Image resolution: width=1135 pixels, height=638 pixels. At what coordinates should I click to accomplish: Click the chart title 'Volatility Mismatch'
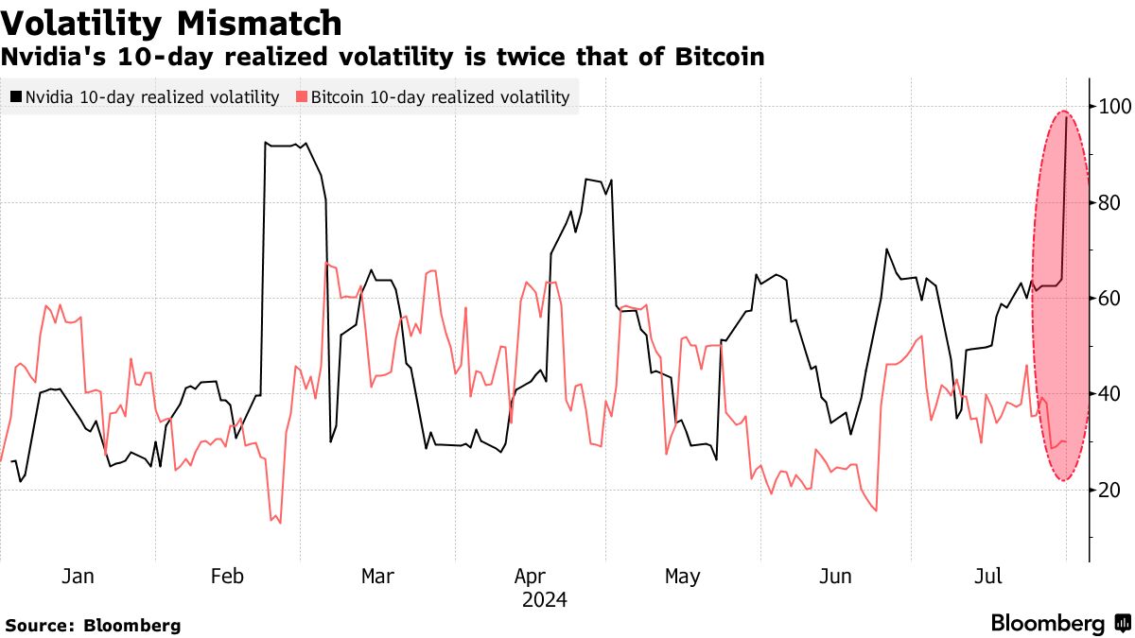(171, 23)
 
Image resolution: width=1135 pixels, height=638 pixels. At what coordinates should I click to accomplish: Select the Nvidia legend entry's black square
(16, 96)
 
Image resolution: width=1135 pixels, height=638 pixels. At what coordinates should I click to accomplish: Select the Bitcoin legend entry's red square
(302, 96)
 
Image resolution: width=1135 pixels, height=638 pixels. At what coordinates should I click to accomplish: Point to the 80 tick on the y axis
(1109, 203)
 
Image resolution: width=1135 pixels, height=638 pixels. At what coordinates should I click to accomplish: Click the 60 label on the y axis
(1109, 299)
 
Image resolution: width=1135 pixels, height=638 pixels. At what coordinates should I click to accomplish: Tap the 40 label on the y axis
(1109, 394)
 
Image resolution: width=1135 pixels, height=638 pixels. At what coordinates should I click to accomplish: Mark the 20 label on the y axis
(1109, 490)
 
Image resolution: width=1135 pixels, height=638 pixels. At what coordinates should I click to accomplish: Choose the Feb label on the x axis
(227, 577)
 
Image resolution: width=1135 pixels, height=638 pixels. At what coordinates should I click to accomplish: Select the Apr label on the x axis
(530, 577)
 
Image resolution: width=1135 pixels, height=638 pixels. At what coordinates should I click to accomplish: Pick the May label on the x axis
(682, 577)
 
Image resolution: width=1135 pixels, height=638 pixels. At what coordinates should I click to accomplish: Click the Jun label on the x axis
(835, 577)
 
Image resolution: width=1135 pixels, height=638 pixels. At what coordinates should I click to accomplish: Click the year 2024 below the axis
(544, 600)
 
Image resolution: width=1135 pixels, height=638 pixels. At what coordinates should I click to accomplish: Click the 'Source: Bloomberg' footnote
(93, 626)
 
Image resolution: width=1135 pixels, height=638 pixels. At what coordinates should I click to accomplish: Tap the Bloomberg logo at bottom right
(1059, 624)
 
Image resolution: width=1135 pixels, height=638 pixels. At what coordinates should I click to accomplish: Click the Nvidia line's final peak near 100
(1067, 116)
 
